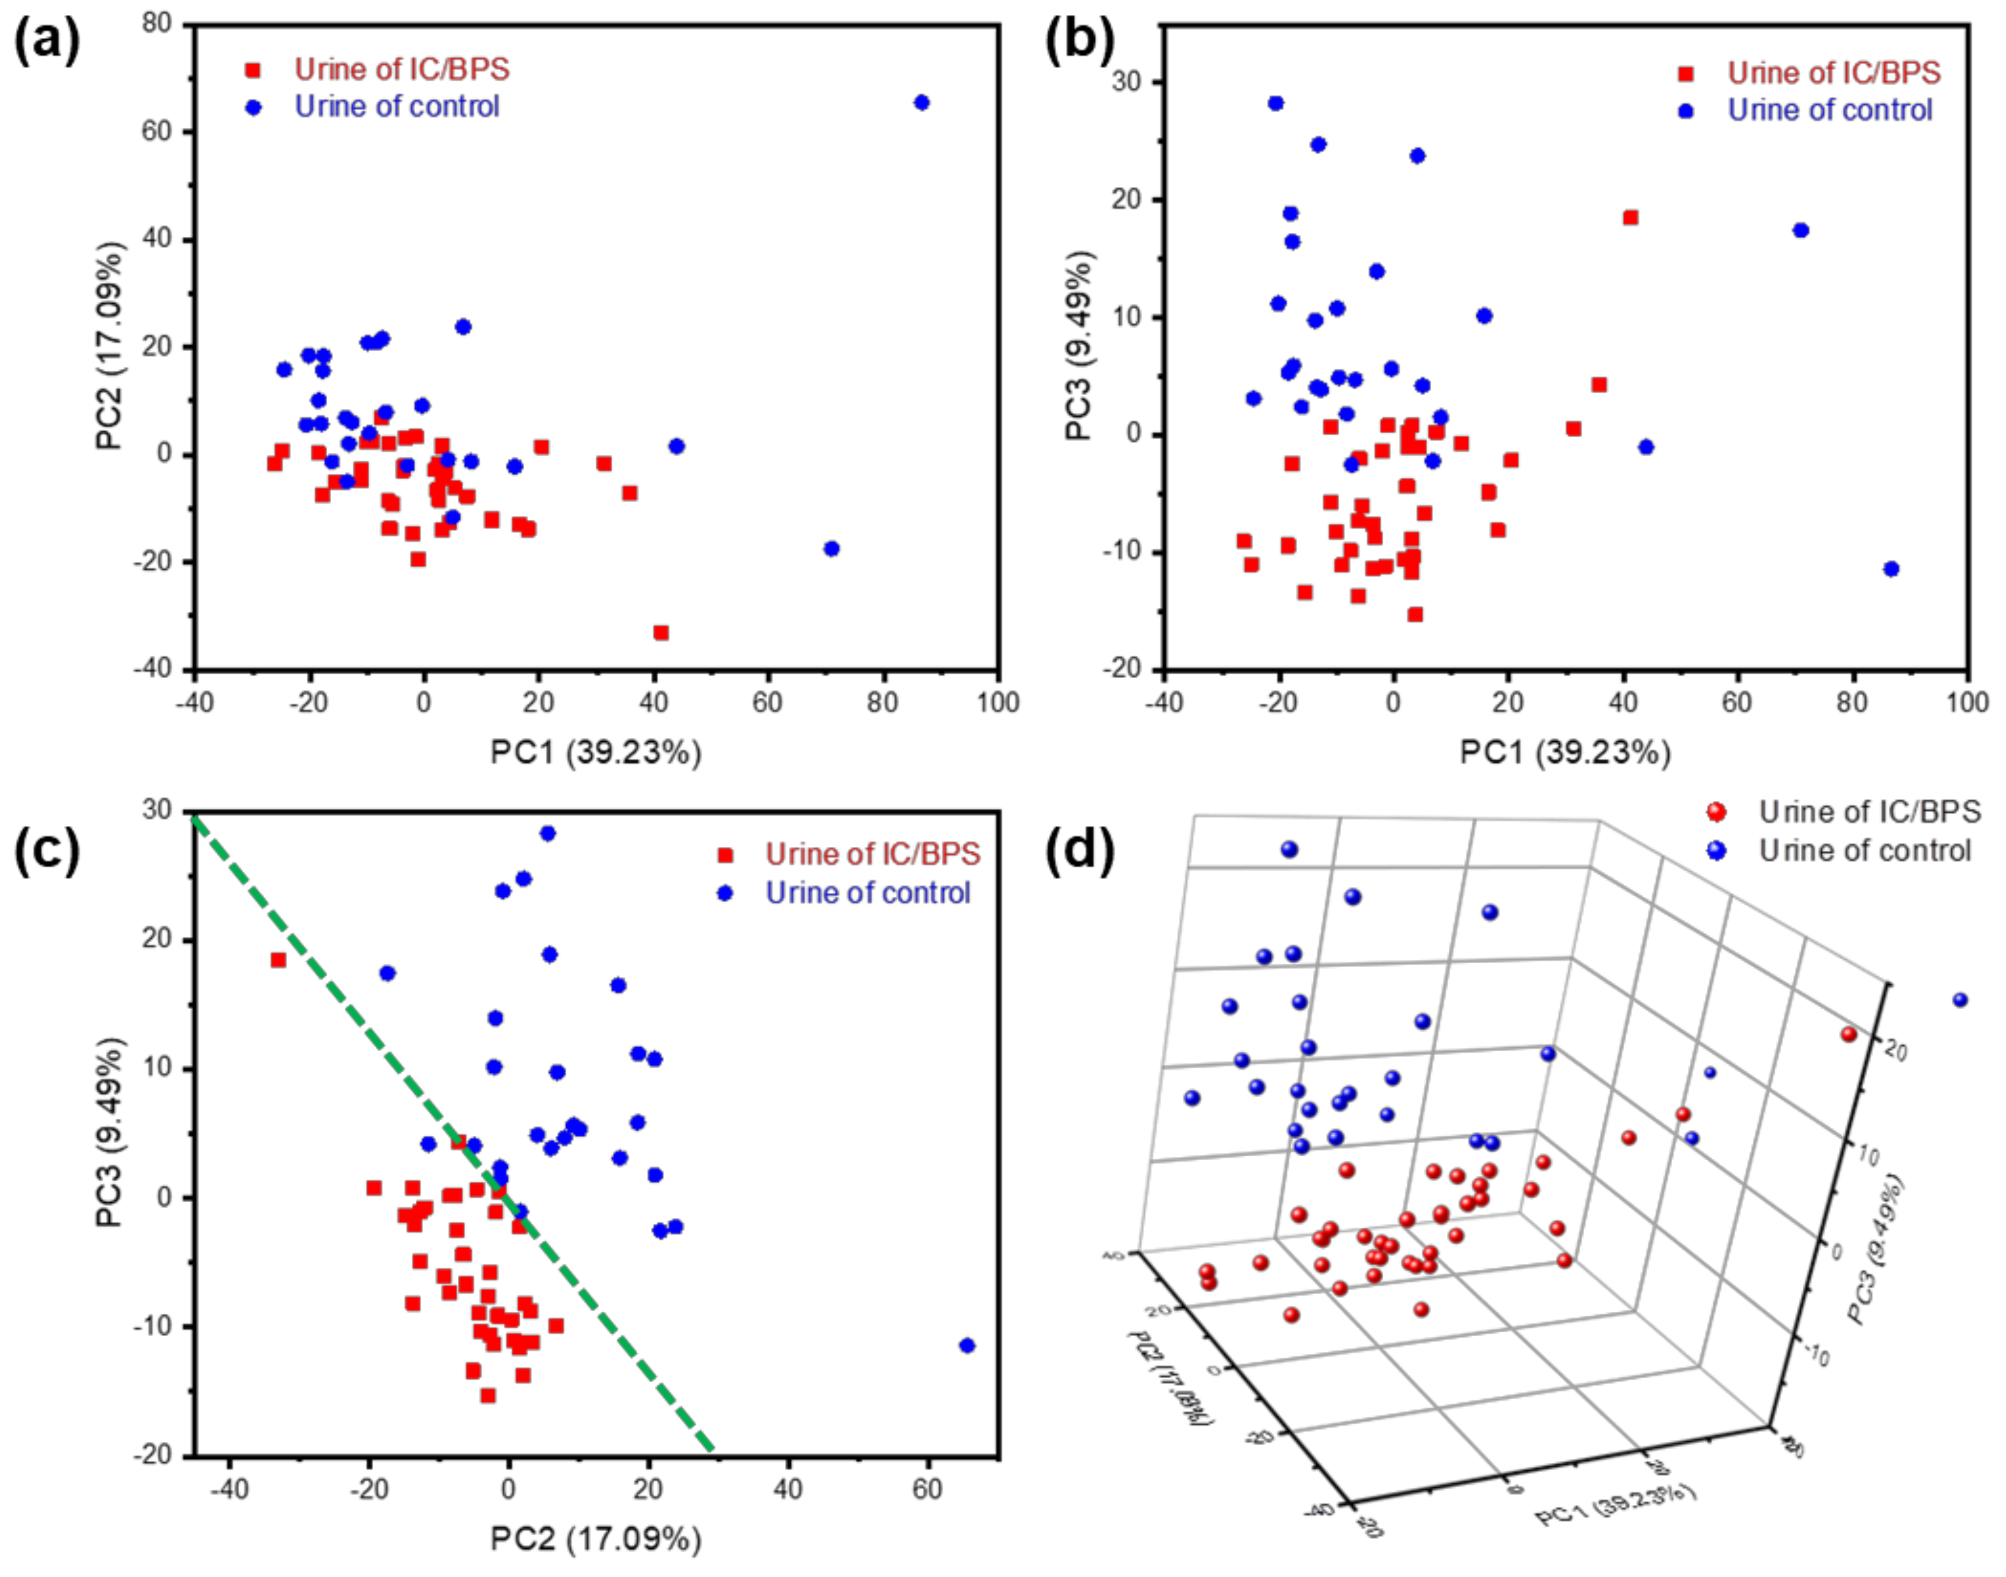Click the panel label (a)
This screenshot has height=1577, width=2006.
click(46, 42)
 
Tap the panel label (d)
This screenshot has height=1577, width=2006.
click(1079, 851)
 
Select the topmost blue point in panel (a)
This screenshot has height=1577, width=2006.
click(921, 102)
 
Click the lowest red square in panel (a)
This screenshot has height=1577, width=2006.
click(661, 633)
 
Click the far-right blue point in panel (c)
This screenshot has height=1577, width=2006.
click(966, 1345)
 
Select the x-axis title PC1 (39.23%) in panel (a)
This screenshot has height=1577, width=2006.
click(596, 752)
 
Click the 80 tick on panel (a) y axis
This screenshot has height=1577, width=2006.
click(157, 23)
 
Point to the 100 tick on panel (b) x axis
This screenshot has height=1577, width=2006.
click(1966, 702)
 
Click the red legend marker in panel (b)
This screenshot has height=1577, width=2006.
click(1686, 74)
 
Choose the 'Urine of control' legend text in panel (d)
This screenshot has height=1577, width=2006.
click(1865, 850)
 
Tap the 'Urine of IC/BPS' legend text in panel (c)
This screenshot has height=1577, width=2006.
click(872, 854)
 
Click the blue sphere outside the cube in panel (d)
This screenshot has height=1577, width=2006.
click(1960, 1000)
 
